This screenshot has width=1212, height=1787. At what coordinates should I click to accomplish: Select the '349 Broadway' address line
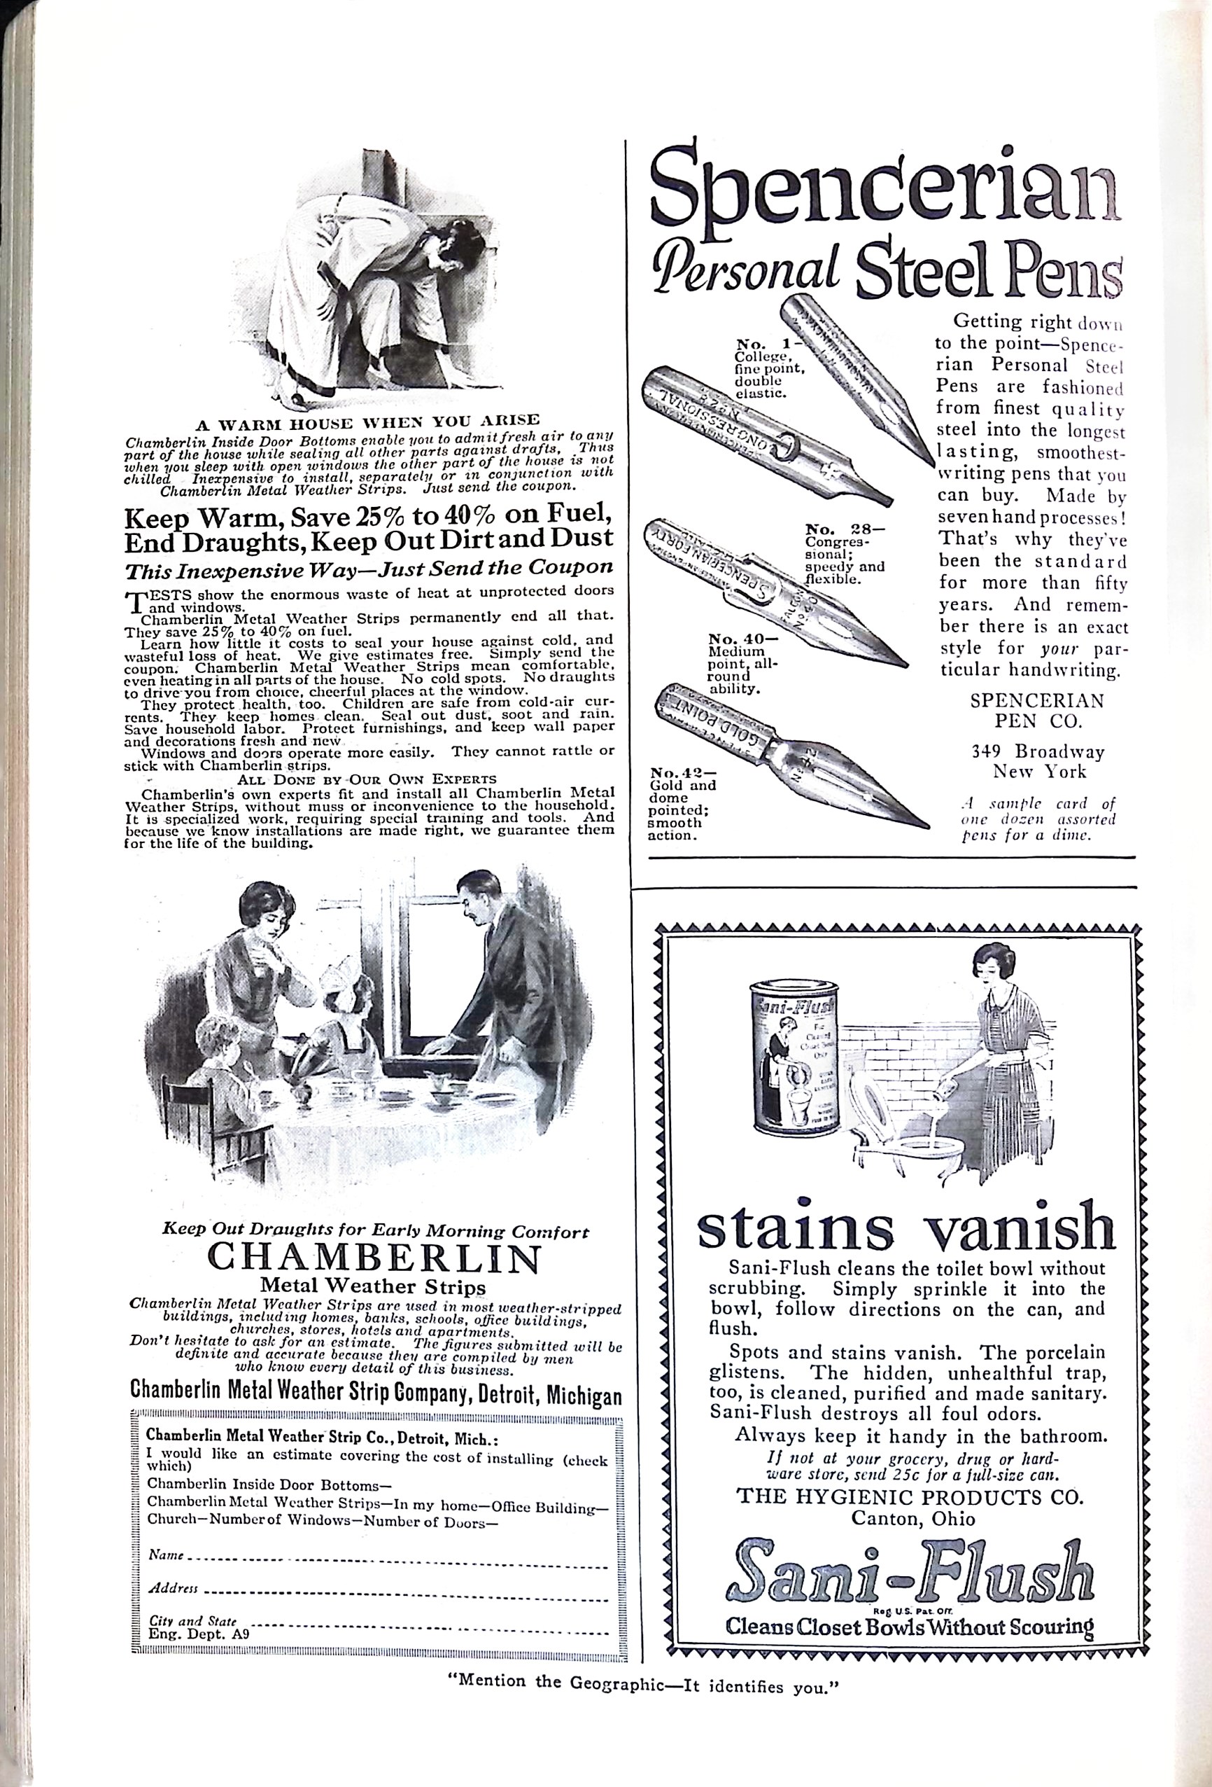point(1038,751)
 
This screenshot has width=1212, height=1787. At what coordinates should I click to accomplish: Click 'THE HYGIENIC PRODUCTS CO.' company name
point(910,1496)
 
